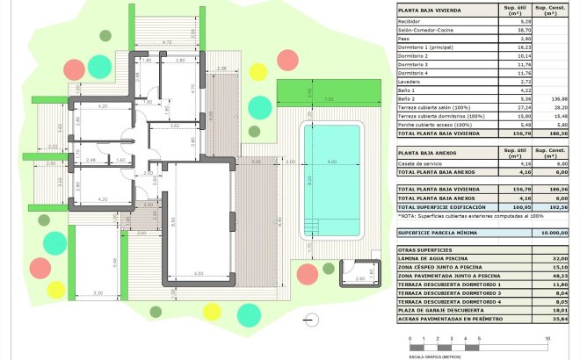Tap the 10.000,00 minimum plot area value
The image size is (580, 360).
[x=548, y=233]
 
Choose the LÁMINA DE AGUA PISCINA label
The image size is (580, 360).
[x=435, y=259]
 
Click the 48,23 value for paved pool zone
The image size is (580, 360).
[x=551, y=276]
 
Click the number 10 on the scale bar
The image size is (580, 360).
[x=547, y=338]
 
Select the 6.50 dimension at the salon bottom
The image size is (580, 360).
[x=199, y=274]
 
